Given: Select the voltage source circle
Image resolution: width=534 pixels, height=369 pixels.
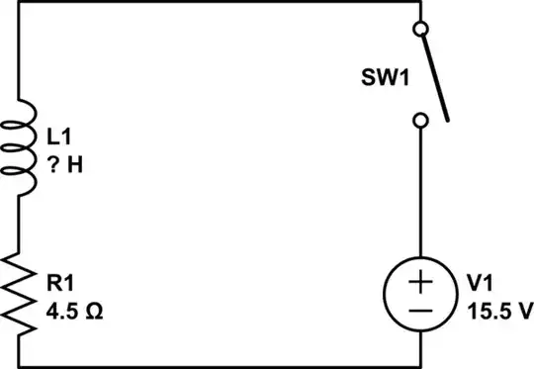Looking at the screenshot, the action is [420, 294].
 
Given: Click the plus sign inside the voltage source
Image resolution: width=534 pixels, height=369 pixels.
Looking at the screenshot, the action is [420, 281].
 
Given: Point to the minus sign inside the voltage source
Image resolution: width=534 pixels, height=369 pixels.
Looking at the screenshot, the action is [420, 308].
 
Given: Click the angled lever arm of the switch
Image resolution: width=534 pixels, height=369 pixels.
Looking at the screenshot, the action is [436, 75].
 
